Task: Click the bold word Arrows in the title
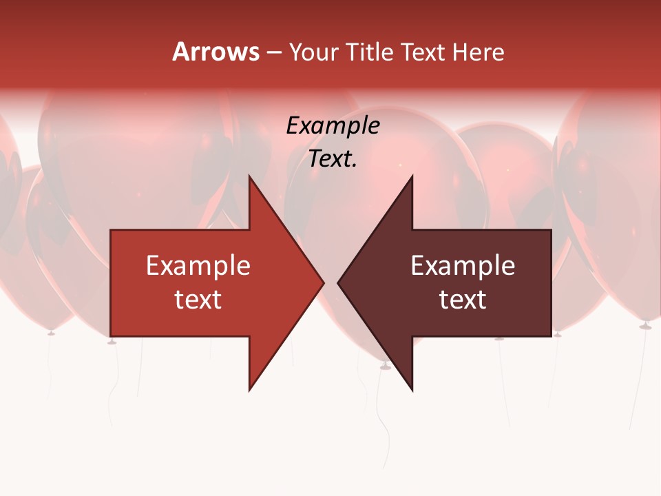216,52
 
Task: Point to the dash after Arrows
273,52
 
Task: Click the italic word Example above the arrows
333,125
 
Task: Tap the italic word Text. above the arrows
333,158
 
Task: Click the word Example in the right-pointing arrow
198,266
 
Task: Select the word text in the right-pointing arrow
198,299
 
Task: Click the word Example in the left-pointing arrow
463,266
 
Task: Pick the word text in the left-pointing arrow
463,299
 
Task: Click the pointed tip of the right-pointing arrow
324,282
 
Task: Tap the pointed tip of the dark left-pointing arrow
338,282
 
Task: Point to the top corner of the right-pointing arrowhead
249,176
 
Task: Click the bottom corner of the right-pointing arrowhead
249,391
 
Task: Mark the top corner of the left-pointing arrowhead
412,176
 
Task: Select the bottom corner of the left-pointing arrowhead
412,391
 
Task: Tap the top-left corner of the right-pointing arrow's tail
111,230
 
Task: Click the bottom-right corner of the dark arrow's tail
551,336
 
